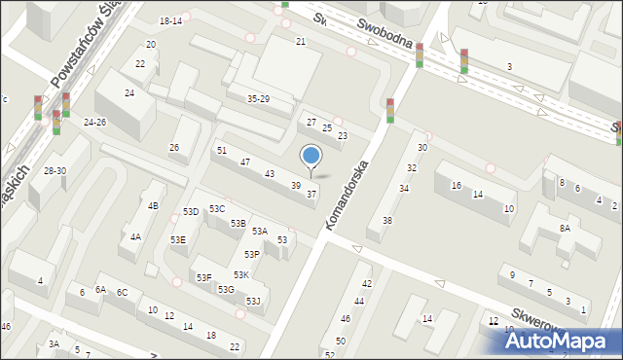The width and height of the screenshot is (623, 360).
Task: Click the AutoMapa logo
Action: tap(560, 341)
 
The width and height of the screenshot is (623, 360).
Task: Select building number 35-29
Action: tap(258, 99)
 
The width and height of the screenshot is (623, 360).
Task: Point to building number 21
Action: tap(301, 41)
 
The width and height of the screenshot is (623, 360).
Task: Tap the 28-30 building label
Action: tap(55, 170)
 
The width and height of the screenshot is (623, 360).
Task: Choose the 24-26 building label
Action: tap(94, 122)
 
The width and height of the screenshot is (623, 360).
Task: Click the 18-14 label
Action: tap(170, 20)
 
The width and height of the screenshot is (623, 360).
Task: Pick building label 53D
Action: tap(191, 211)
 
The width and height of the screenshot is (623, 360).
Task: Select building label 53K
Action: tap(240, 275)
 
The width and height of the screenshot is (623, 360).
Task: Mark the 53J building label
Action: tap(253, 301)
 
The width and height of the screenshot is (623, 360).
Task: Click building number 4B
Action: tap(153, 205)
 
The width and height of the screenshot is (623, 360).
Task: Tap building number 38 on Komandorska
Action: tap(387, 220)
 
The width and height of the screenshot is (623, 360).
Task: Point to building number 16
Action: tap(456, 185)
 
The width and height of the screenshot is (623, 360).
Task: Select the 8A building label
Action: tap(565, 227)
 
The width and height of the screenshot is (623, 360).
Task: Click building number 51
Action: tap(222, 150)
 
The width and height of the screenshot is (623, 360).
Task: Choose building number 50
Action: tap(340, 341)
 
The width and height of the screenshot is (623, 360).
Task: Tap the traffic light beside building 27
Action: tap(389, 110)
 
